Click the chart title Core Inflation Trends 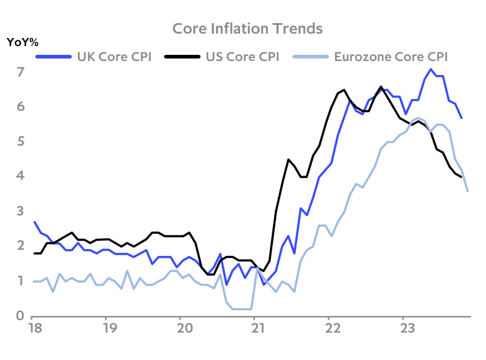[247, 29]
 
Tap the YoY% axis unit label [22, 43]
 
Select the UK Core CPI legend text [114, 57]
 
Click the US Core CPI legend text [242, 57]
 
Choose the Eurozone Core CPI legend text [391, 57]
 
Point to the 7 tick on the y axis [21, 72]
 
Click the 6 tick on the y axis [21, 107]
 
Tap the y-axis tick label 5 [21, 142]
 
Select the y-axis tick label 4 [21, 177]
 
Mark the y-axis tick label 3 [21, 212]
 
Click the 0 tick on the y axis [21, 316]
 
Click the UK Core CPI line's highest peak [431, 69]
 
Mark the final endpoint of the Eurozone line [467, 191]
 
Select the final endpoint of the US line [461, 177]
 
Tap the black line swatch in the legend [182, 57]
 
